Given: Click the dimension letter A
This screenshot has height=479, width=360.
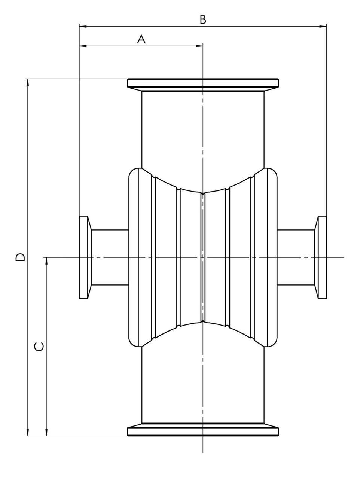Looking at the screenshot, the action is coord(141,39).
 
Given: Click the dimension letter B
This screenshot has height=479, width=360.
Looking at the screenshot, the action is coord(203,19).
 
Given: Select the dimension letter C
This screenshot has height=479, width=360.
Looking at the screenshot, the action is coord(39,347).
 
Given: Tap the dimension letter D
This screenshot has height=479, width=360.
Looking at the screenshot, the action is coord(20,257).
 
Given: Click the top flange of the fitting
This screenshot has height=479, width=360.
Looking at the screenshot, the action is coord(203,85).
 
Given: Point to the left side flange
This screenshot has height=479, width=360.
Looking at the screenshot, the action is coord(85,257).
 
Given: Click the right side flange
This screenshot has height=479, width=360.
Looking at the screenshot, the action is coord(320,257).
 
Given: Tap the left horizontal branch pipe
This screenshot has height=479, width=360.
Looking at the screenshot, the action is coord(110,257).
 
